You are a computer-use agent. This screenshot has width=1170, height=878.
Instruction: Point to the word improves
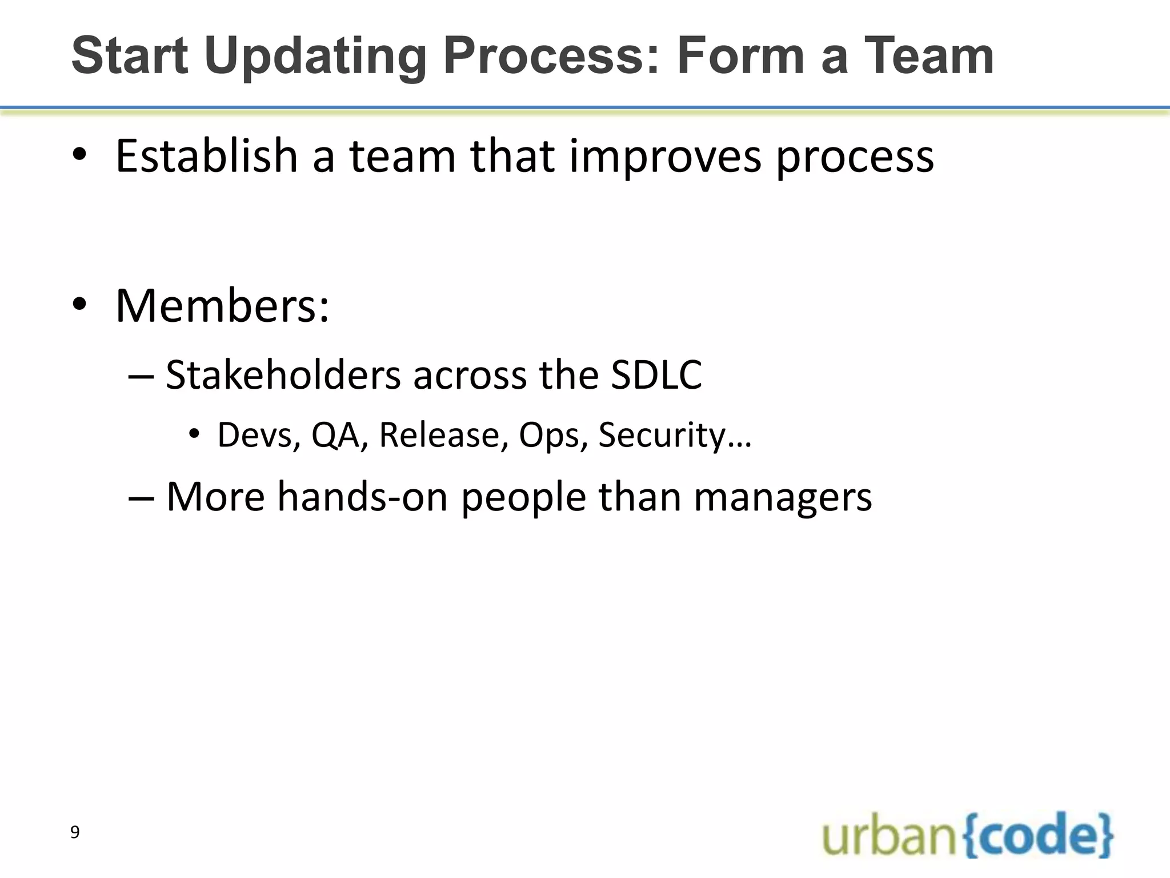click(665, 157)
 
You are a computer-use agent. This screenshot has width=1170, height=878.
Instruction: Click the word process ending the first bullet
click(855, 158)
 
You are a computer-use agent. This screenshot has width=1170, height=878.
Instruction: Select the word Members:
click(222, 306)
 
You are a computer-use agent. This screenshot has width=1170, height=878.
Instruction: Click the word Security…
click(675, 435)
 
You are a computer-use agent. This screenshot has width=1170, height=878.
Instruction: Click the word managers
click(783, 497)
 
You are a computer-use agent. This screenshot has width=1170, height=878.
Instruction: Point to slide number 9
click(75, 832)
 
